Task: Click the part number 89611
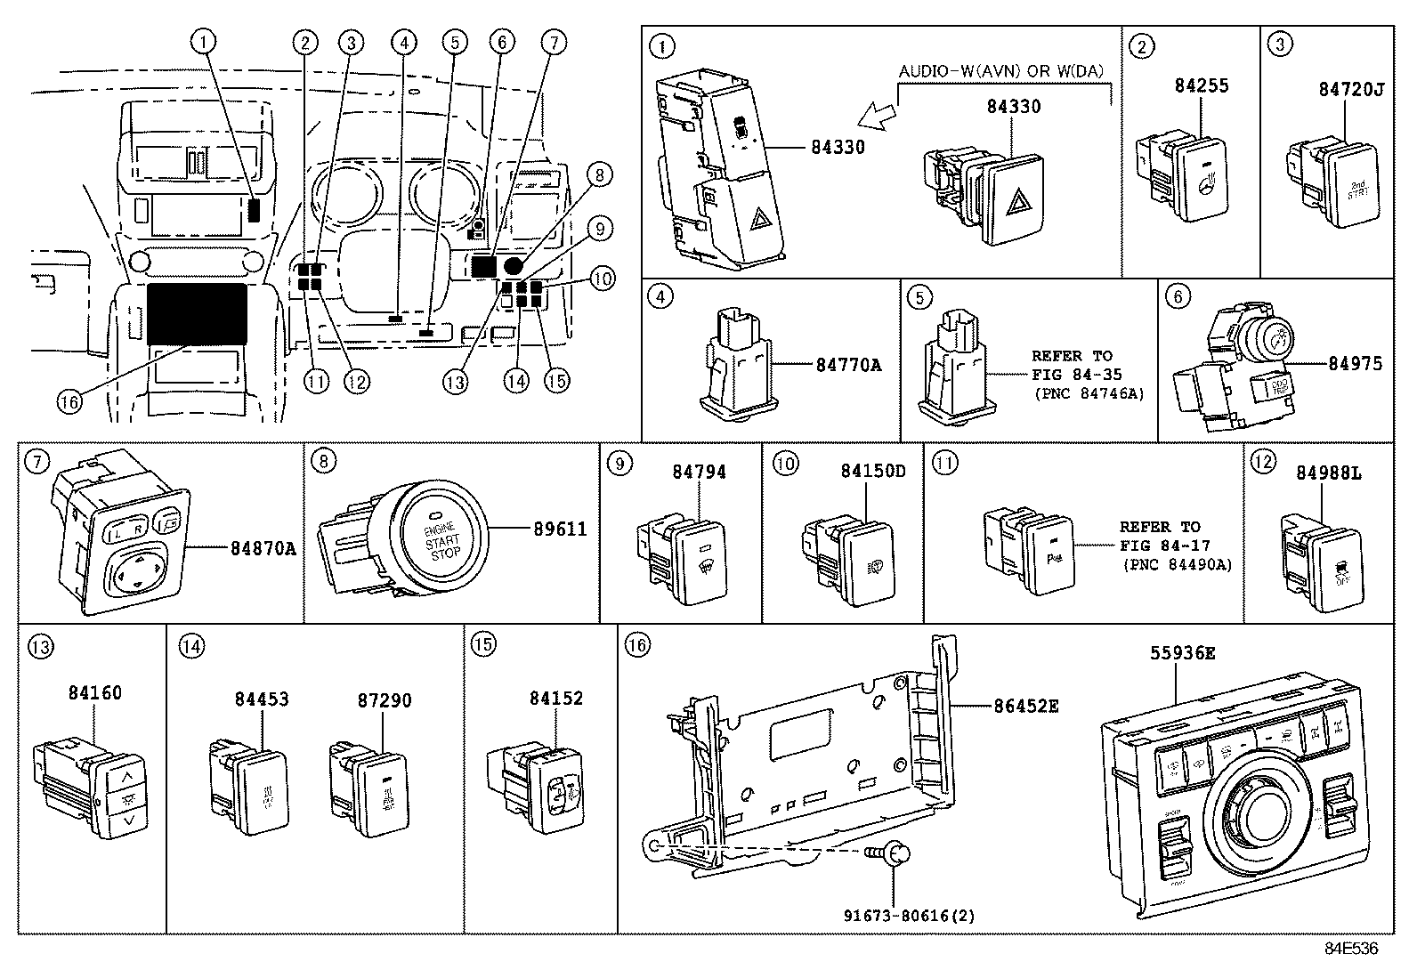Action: [561, 529]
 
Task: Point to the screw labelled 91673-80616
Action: [898, 853]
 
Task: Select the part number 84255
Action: [1202, 85]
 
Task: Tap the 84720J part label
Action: [1350, 90]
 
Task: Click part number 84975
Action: [1356, 363]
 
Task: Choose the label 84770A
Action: [848, 364]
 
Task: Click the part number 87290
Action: [385, 700]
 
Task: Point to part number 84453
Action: [262, 699]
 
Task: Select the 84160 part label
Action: [95, 692]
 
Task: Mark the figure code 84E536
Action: [1350, 949]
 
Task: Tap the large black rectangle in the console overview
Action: [198, 313]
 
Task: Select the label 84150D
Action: [873, 471]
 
